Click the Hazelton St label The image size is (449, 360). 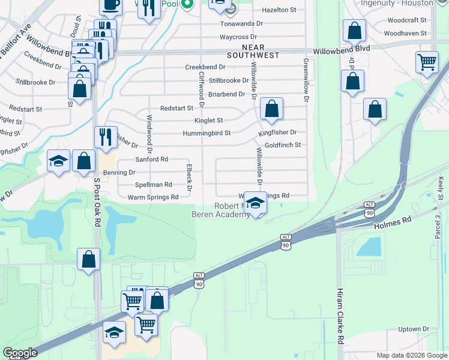tap(276, 10)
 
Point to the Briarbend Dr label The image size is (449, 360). tap(226, 94)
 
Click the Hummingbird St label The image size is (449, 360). tap(206, 133)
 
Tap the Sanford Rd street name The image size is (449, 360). tap(151, 160)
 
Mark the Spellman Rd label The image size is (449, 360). tap(154, 185)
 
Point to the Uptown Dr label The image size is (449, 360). tap(414, 329)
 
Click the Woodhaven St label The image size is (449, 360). tap(406, 34)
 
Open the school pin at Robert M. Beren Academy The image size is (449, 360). tap(255, 203)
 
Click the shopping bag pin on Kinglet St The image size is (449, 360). tap(271, 109)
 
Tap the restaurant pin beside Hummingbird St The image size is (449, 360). tap(106, 137)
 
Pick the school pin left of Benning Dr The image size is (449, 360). tap(59, 161)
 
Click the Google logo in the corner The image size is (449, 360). tap(20, 353)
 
